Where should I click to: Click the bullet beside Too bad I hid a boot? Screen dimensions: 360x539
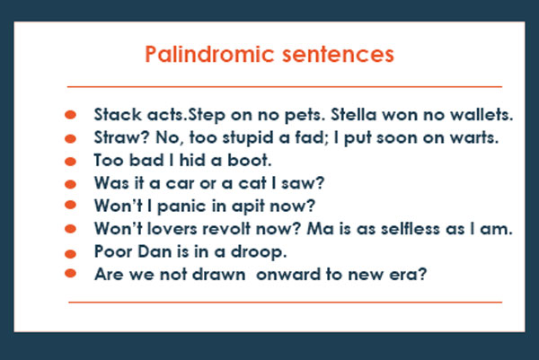tap(72, 162)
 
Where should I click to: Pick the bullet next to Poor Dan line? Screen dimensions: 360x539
tap(72, 251)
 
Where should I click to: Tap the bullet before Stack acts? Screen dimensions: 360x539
tap(72, 116)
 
